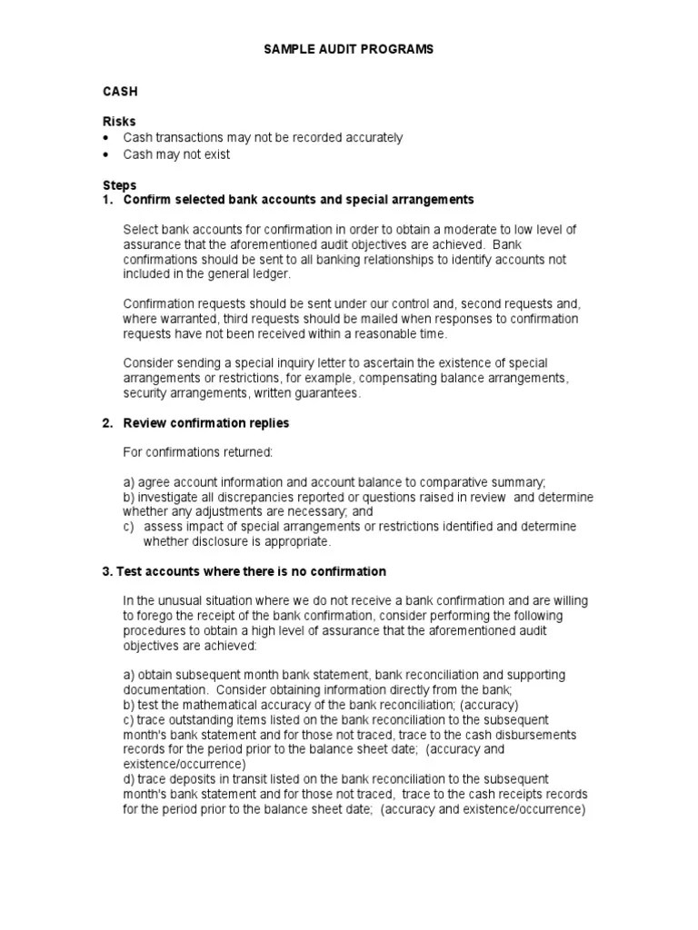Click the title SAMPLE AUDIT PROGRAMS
point(349,49)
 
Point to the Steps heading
point(120,185)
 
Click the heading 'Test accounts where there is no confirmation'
point(251,571)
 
